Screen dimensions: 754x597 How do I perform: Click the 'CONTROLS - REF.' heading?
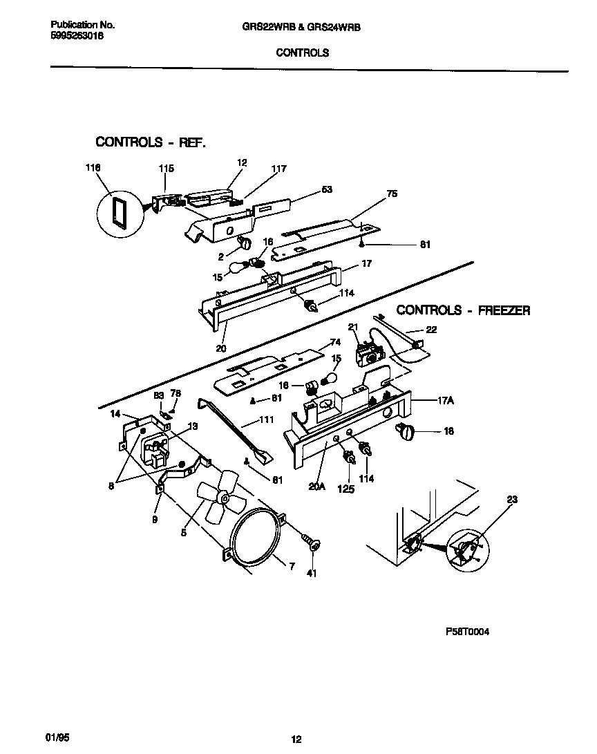(x=151, y=142)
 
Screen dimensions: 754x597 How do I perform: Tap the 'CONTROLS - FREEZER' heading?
(x=463, y=310)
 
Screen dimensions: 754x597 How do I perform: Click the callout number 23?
(x=511, y=499)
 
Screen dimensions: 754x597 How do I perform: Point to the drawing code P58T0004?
(x=468, y=631)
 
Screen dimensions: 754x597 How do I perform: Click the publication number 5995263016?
(x=77, y=37)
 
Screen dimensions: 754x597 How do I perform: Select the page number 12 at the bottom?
(x=296, y=740)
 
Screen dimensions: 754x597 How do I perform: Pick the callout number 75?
(x=392, y=194)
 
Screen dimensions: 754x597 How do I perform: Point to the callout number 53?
(x=328, y=189)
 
